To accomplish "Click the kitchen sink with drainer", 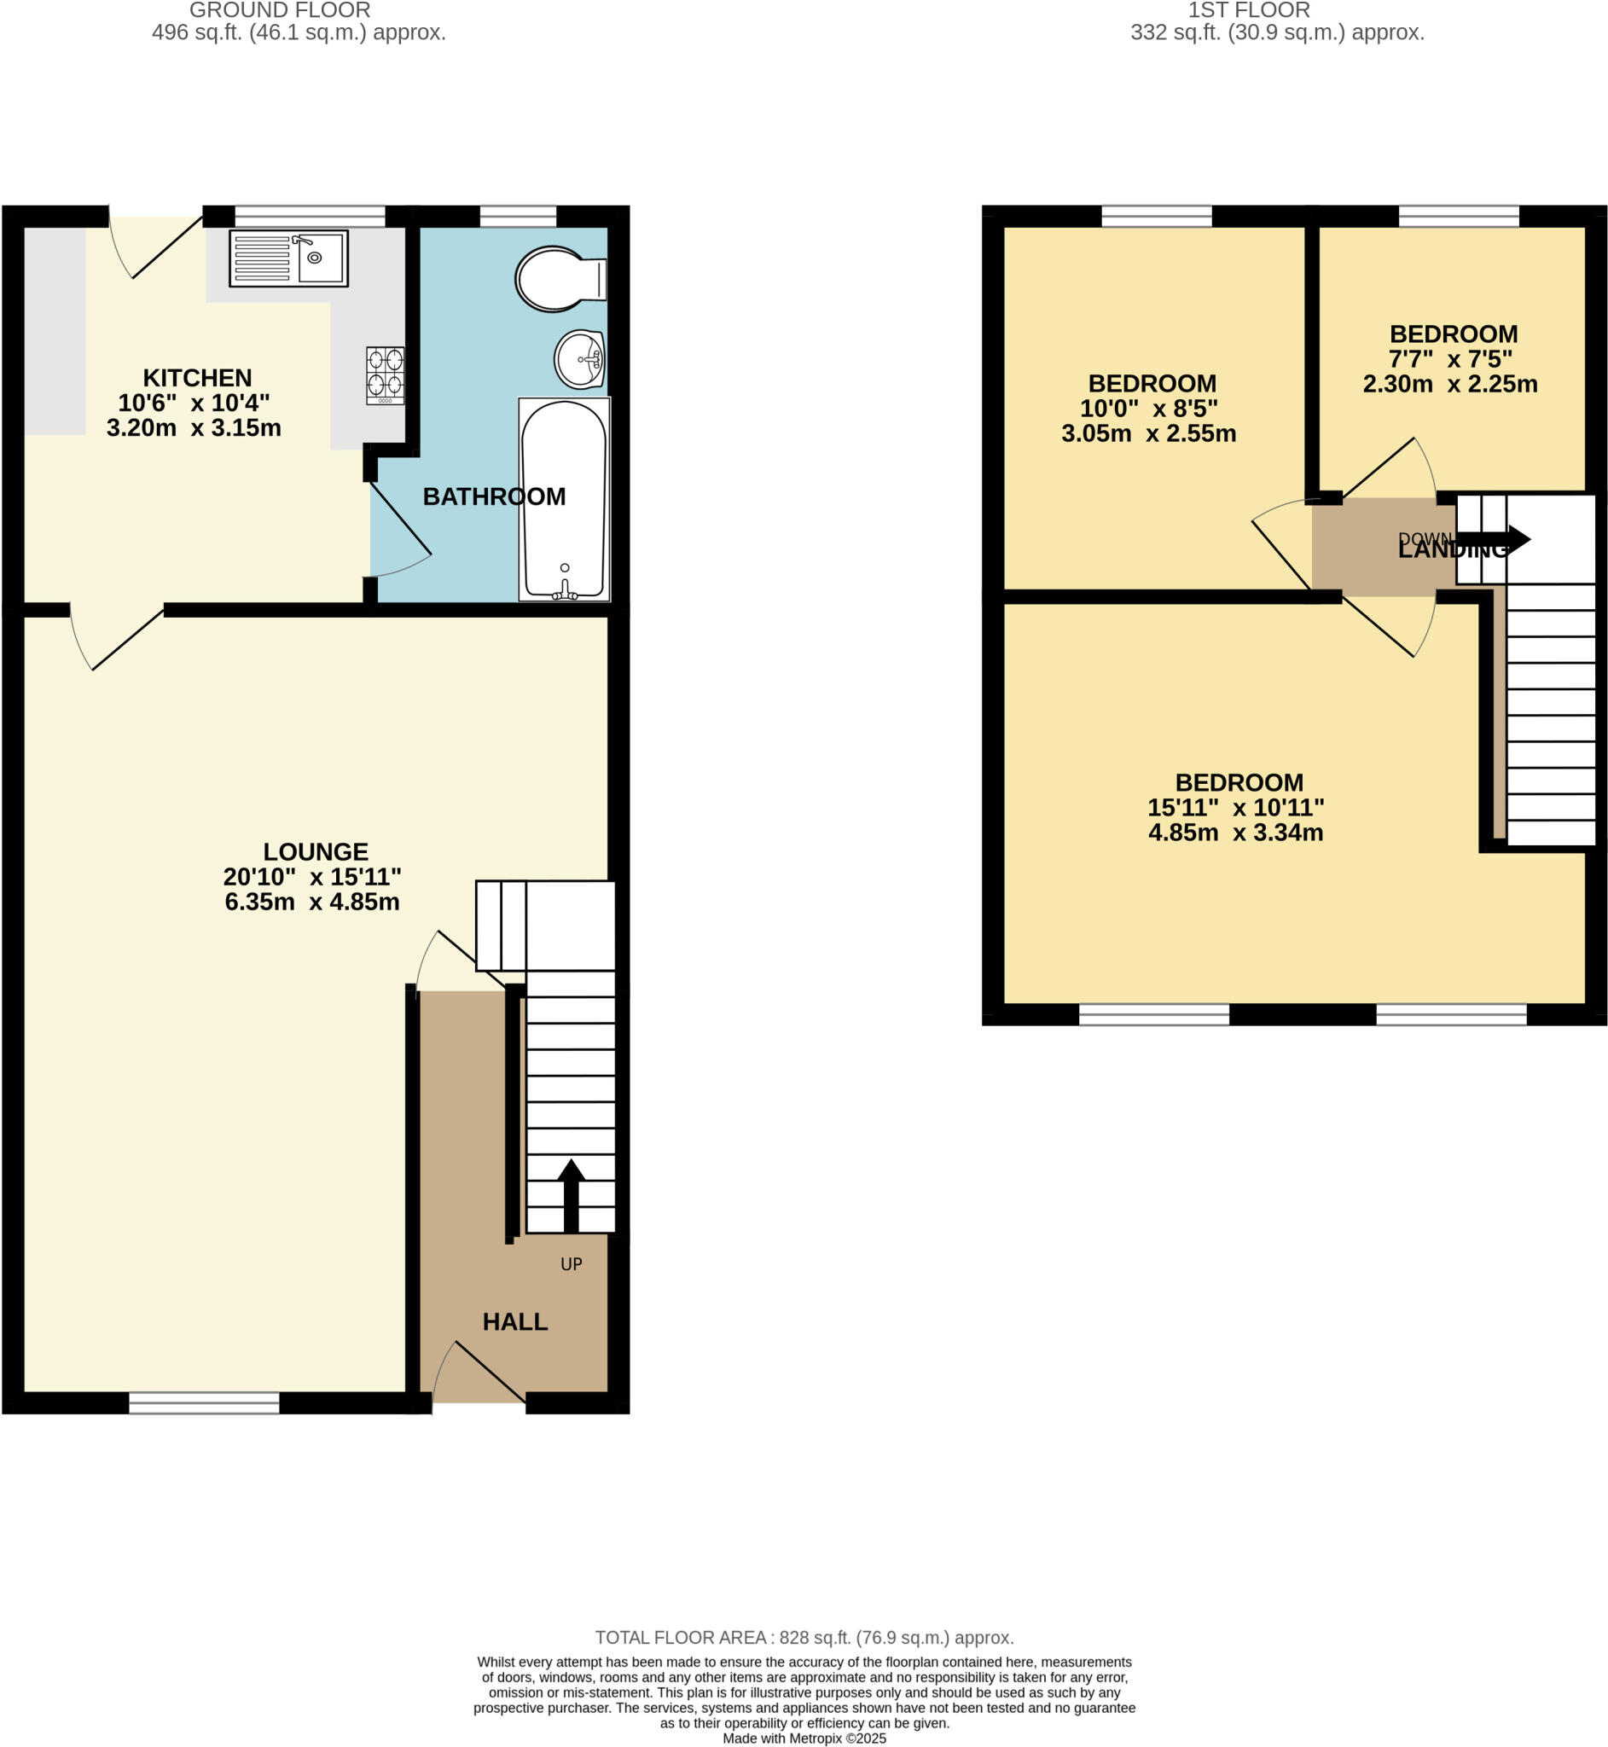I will (x=288, y=258).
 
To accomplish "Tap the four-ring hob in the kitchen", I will (x=385, y=375).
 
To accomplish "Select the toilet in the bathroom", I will (x=559, y=279).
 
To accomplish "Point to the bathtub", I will (x=564, y=499).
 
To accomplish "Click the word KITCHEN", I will (x=197, y=378).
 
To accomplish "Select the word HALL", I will (x=515, y=1321).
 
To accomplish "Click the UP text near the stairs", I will (x=571, y=1264).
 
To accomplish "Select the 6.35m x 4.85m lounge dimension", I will (x=311, y=902).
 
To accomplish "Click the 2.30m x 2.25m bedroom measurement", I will (x=1449, y=384).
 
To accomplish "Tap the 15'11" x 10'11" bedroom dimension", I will (x=1234, y=807).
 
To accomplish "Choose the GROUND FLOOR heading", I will (x=279, y=10).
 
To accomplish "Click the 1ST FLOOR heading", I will (x=1249, y=10).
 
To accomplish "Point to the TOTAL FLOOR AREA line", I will (x=804, y=1637).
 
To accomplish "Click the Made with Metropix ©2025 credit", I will (x=804, y=1738).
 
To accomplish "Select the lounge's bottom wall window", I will (x=204, y=1402).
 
